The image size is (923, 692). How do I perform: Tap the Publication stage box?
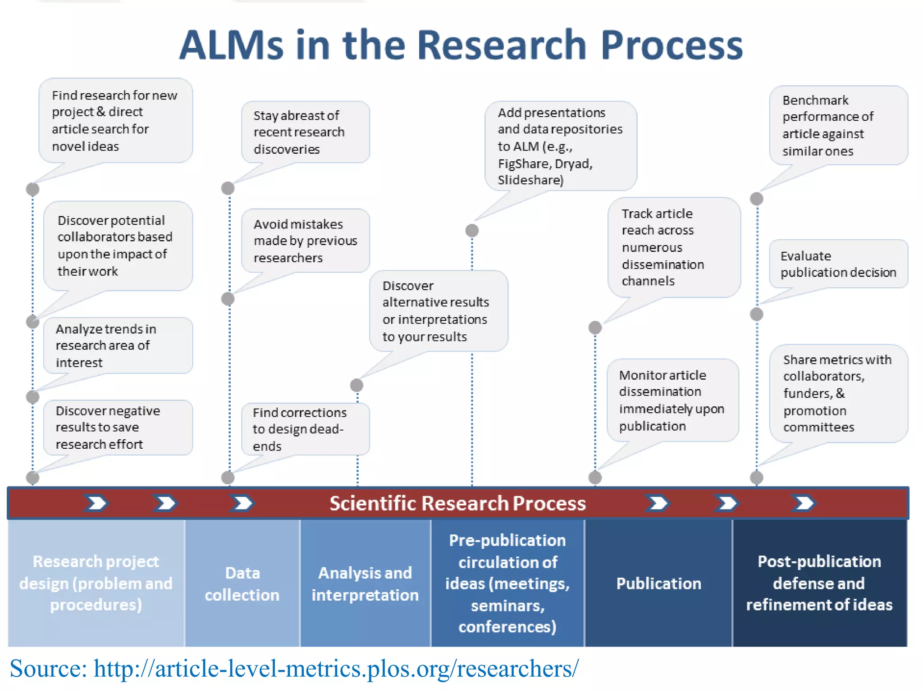tap(658, 583)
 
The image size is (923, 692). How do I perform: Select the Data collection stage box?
tap(242, 583)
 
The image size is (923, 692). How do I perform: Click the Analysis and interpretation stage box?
tap(365, 583)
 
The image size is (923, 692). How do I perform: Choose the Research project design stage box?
tap(96, 583)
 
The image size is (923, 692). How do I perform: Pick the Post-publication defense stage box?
tap(819, 583)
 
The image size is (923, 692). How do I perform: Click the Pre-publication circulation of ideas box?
tap(507, 583)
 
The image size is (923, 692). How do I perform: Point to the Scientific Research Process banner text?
tap(457, 503)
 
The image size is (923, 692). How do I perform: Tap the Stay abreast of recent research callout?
tap(305, 132)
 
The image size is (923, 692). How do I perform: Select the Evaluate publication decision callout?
tap(838, 264)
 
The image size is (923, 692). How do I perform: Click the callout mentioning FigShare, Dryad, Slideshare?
tap(560, 146)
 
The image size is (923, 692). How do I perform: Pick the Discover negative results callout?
tap(118, 427)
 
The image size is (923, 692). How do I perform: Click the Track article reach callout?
tap(673, 247)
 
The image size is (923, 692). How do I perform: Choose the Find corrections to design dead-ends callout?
tap(305, 429)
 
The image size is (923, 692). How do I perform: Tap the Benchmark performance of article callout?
tap(838, 125)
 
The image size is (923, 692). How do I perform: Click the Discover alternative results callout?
tap(438, 311)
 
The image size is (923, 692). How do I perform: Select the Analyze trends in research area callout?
tap(118, 346)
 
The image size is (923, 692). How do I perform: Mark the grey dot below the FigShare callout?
tap(472, 231)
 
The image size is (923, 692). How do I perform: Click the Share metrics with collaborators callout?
tap(838, 393)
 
